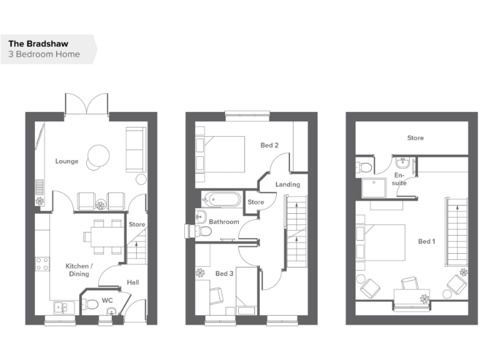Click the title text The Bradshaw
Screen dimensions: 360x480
coord(38,44)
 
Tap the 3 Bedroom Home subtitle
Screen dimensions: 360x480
coord(44,54)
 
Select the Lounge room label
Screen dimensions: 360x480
coord(66,161)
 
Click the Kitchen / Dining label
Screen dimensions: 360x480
coord(79,270)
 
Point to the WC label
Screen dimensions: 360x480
coord(107,301)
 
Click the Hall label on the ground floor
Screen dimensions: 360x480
coord(132,282)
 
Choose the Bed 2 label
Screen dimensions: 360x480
coord(269,146)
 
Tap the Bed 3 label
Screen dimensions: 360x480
coord(225,274)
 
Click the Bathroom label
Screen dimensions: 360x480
coord(224,222)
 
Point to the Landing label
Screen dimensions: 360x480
coord(287,184)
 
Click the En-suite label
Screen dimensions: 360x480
coord(400,180)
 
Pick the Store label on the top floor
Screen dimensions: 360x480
coord(415,138)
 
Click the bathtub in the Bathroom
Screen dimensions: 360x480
coord(221,200)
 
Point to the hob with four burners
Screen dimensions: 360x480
coord(42,264)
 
